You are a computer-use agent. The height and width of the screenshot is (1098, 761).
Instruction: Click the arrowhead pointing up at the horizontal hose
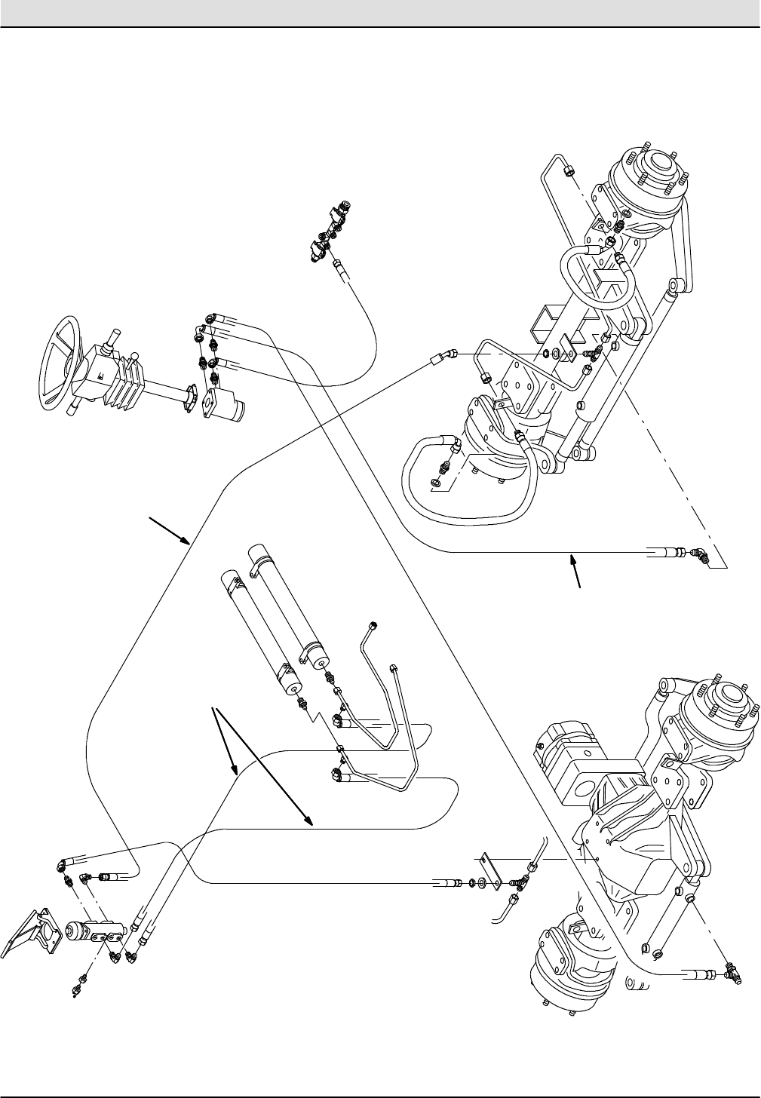pyautogui.click(x=572, y=559)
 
